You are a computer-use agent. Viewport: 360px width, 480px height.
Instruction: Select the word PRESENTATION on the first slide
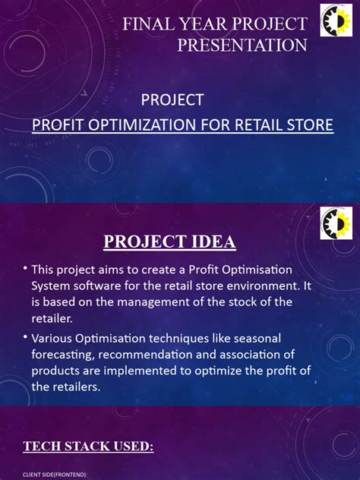242,46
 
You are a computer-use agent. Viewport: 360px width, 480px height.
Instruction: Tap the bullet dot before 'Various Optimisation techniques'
25,336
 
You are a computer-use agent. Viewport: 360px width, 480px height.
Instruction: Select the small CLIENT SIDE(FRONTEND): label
55,474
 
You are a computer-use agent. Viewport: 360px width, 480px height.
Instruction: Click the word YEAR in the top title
209,24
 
